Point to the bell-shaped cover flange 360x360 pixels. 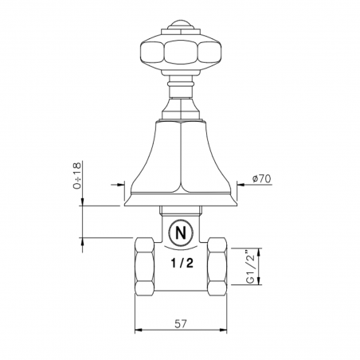coord(182,167)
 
